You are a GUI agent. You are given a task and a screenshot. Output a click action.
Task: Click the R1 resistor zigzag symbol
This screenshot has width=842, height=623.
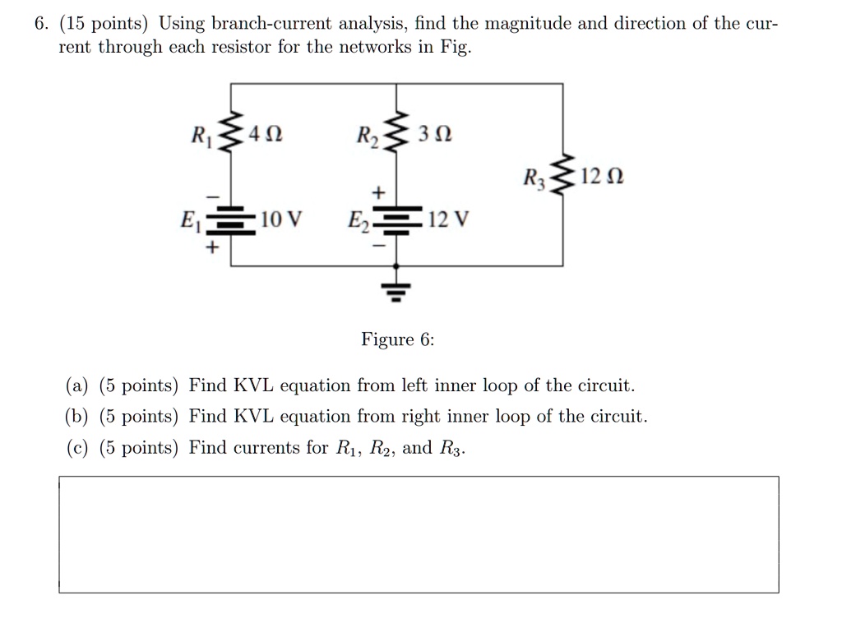point(231,132)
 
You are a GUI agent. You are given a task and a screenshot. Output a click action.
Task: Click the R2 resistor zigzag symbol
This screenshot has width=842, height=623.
point(396,132)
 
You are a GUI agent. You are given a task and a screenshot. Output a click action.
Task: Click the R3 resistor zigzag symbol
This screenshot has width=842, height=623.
point(562,175)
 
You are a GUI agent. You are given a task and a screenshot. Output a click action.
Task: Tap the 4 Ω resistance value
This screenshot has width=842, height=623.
point(266,134)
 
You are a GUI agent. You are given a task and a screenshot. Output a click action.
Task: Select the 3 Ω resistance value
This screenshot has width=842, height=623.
point(435,134)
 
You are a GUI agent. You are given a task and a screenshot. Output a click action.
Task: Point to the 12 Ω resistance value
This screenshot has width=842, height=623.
point(602,177)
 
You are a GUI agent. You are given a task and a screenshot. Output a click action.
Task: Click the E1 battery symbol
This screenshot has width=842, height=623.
point(231,220)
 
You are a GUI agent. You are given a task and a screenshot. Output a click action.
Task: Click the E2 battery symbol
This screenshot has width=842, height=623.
point(396,220)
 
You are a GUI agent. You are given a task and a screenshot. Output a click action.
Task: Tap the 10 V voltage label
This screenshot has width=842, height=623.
point(281,219)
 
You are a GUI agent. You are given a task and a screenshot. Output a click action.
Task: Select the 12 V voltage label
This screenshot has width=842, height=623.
point(449,219)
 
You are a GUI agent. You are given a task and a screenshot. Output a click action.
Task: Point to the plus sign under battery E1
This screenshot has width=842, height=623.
point(213,248)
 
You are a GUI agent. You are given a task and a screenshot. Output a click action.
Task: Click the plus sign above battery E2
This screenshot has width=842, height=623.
point(379,192)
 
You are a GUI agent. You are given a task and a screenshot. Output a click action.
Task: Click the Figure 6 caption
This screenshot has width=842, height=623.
point(397,339)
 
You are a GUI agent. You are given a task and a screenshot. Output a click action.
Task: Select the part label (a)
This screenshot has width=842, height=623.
point(76,385)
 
